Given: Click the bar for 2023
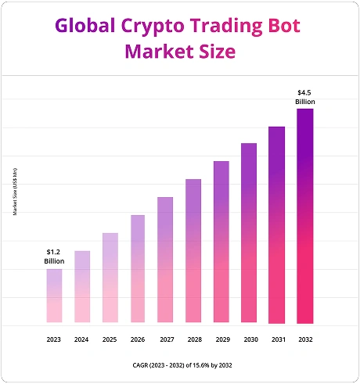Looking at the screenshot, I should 54,296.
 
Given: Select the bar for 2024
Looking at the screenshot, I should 81,287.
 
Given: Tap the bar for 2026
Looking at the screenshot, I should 137,269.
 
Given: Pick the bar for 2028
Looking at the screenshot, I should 193,251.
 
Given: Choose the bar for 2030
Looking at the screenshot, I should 249,233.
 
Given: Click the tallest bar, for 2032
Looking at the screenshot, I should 304,216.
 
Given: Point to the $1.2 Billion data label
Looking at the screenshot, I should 54,257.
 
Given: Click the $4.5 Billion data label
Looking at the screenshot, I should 304,97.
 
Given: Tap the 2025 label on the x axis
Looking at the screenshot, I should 110,340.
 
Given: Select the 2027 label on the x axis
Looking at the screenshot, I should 165,340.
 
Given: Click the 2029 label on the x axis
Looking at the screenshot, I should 221,340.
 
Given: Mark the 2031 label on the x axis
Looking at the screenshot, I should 277,340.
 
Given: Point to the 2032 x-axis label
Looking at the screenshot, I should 304,340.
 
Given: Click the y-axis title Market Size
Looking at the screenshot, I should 15,192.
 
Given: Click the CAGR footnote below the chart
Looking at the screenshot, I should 180,365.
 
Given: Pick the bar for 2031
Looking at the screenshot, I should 277,224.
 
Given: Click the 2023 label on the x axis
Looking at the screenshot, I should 54,340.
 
